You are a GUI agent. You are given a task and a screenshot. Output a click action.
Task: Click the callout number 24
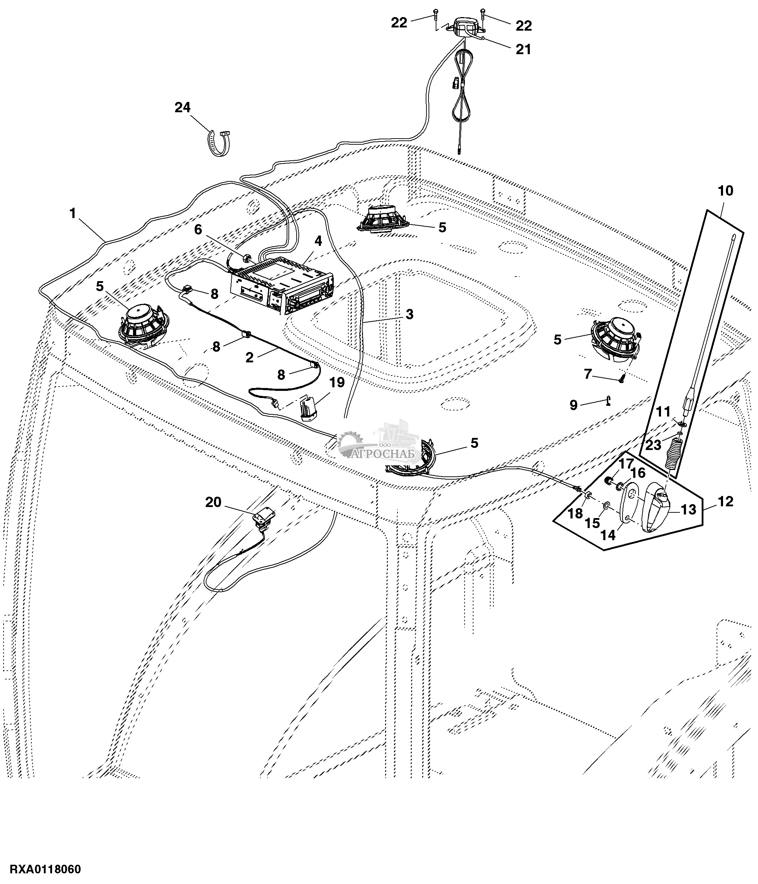tap(182, 108)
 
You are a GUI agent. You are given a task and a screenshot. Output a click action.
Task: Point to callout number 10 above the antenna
tap(726, 191)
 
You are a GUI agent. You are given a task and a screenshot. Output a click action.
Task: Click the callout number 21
tap(523, 50)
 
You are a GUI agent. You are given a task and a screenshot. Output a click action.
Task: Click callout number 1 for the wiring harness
tap(73, 213)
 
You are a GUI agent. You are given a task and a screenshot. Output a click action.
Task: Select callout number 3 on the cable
tap(409, 314)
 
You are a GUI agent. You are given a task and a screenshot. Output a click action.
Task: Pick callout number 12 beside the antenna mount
tap(726, 502)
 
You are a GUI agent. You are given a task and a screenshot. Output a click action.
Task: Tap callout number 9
tap(573, 405)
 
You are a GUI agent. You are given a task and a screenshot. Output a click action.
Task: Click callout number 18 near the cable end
tap(575, 513)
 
